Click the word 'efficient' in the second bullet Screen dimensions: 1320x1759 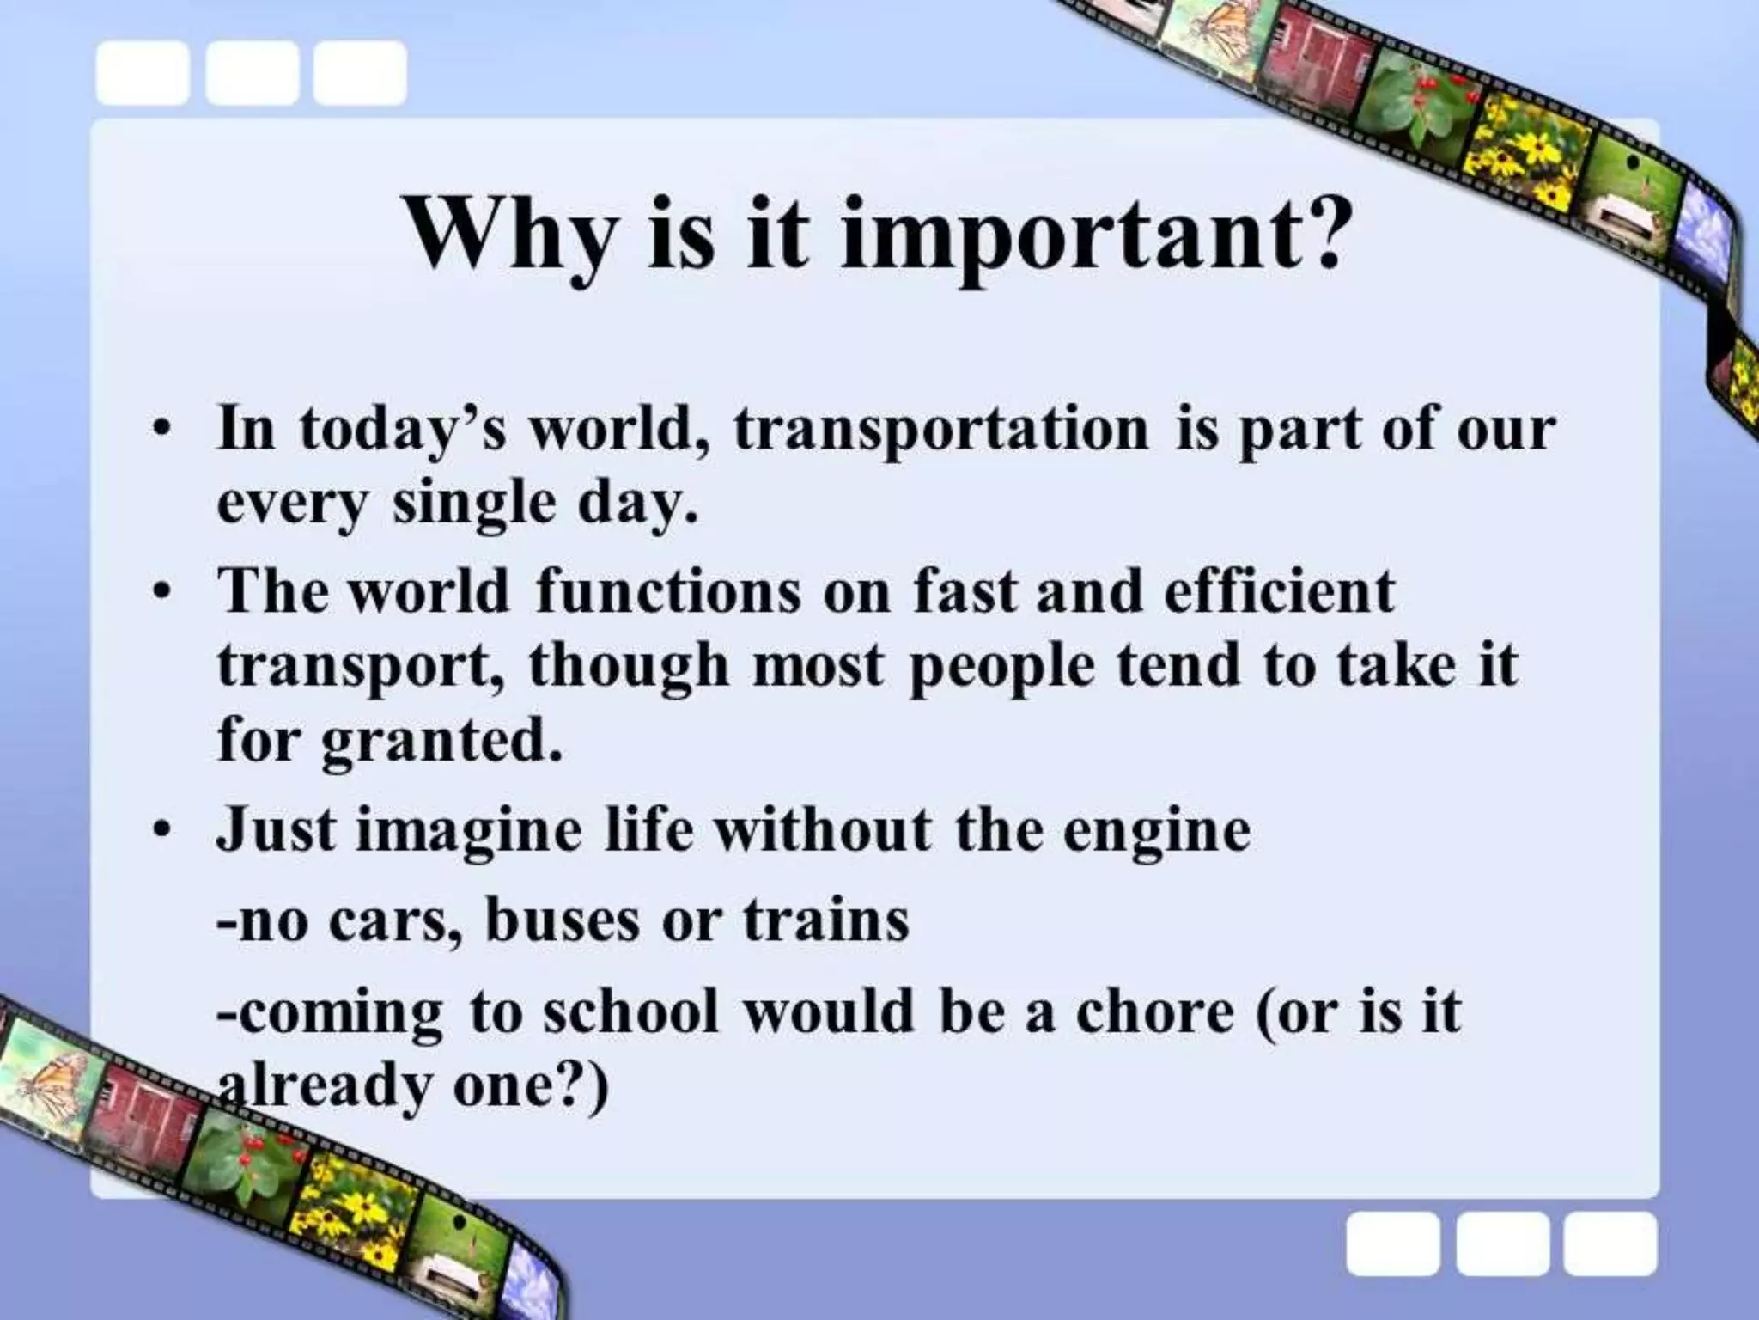click(1279, 592)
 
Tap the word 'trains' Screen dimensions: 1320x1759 click(825, 920)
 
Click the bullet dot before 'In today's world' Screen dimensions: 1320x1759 click(160, 430)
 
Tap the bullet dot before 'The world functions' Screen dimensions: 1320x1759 click(160, 593)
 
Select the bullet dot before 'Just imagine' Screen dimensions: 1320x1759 click(160, 831)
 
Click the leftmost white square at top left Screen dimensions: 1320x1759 click(143, 74)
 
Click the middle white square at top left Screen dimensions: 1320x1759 click(252, 74)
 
